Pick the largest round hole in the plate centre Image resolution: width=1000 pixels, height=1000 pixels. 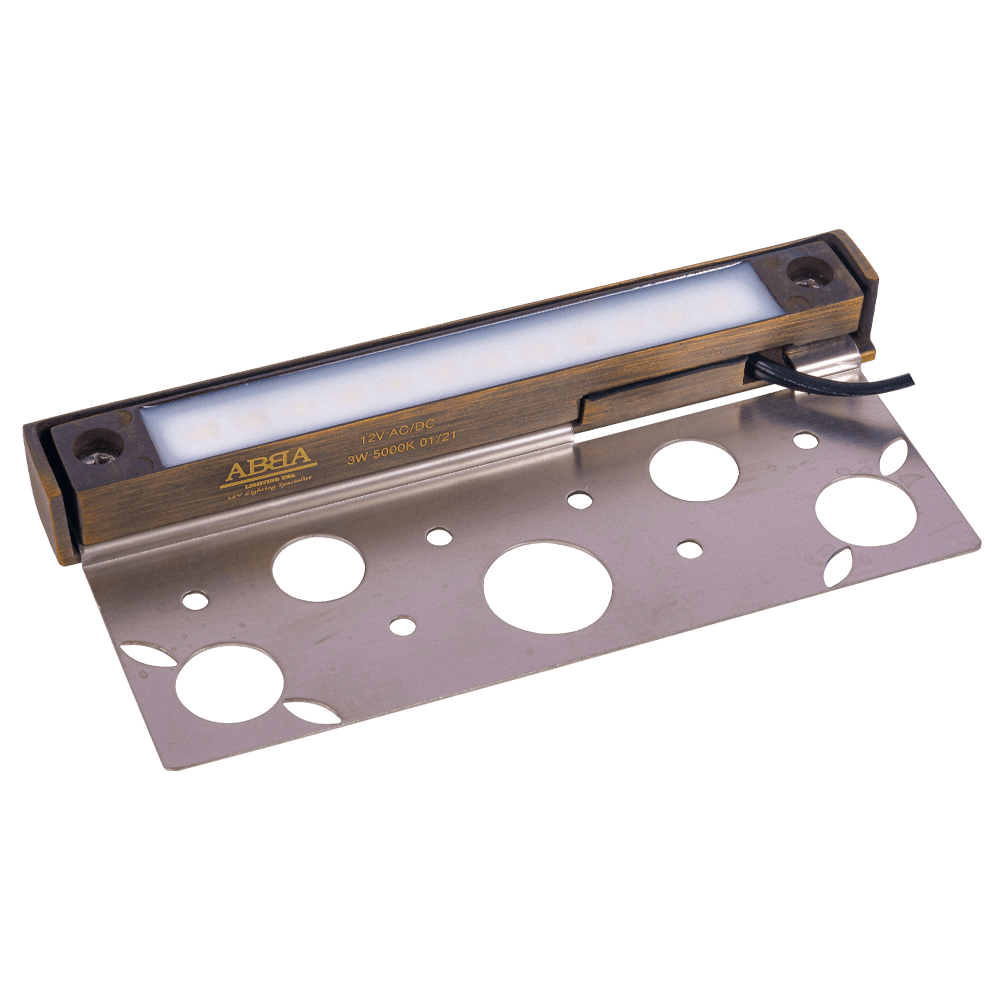(x=548, y=588)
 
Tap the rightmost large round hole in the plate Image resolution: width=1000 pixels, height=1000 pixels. (x=865, y=511)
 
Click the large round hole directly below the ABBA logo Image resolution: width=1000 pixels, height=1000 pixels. (x=318, y=569)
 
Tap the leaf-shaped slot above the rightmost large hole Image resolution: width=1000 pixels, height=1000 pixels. (x=894, y=456)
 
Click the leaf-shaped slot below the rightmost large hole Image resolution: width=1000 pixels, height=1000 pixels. (x=837, y=566)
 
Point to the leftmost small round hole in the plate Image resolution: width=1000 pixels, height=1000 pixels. (x=195, y=600)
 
